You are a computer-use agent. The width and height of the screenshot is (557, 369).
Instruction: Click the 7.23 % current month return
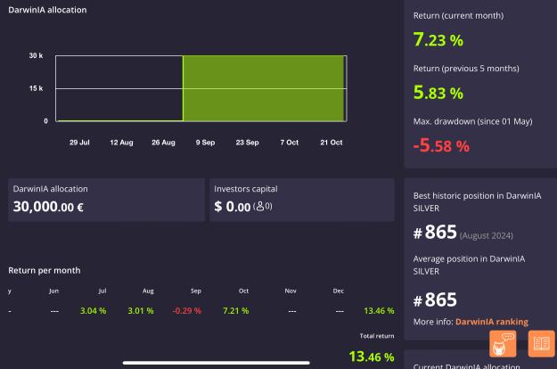tap(438, 40)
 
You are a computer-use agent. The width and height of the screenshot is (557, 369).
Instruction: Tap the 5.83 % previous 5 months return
tap(438, 93)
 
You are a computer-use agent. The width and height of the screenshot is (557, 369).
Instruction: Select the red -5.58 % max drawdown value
tap(441, 145)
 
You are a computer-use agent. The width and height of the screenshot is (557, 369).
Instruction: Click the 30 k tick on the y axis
tap(36, 55)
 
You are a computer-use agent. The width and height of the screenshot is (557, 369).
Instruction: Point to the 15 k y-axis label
tap(36, 88)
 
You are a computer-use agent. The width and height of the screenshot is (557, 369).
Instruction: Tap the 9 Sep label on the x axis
tap(205, 143)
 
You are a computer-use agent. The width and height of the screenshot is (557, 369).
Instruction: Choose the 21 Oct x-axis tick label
tap(331, 143)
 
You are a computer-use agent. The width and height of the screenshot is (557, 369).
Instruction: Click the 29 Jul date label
tap(79, 143)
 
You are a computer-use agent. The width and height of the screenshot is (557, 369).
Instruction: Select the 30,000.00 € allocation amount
tap(48, 207)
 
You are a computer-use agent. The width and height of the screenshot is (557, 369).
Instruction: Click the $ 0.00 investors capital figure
tap(233, 207)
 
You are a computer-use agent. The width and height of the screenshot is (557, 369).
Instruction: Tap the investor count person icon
tap(260, 206)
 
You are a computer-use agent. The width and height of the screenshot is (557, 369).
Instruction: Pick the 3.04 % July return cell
tap(93, 311)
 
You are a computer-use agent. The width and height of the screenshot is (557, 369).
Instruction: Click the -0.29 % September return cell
tap(187, 311)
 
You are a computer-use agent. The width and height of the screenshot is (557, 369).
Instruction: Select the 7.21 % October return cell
tap(236, 311)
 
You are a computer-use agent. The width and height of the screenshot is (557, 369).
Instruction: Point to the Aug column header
tap(148, 291)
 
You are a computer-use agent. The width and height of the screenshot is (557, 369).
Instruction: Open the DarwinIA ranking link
tap(492, 322)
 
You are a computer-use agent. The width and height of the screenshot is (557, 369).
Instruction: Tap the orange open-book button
tap(541, 343)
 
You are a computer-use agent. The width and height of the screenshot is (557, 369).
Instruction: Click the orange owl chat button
tap(503, 343)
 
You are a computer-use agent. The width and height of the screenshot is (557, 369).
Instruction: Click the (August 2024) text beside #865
tap(487, 235)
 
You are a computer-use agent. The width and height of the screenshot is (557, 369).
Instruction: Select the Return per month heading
tap(45, 270)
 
